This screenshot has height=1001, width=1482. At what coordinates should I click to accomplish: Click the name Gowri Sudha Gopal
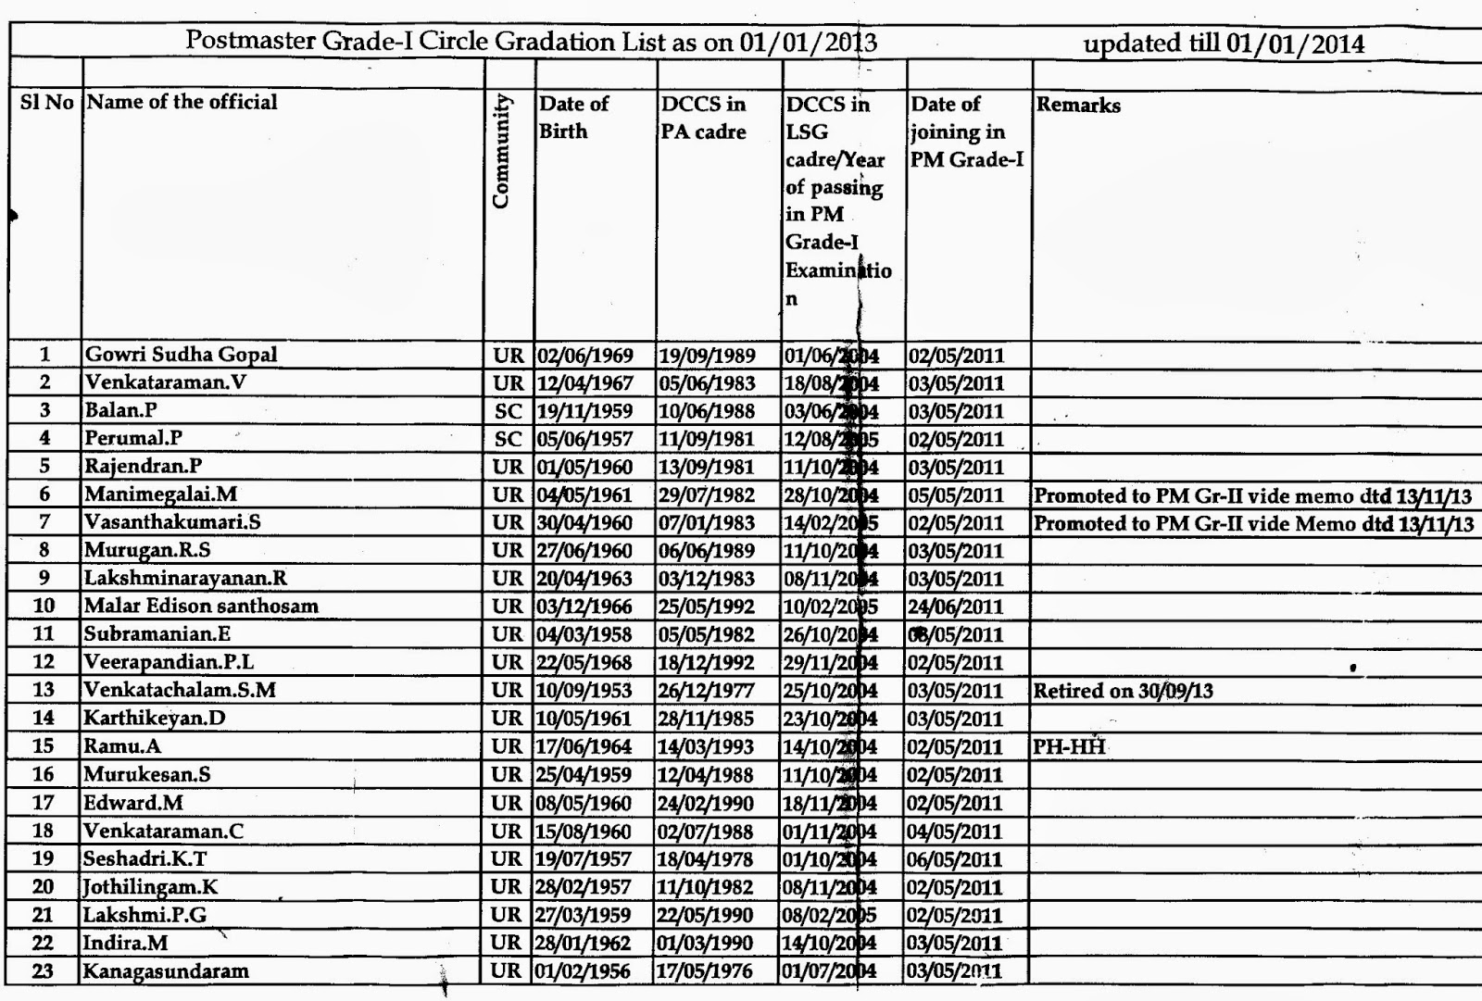[x=181, y=355]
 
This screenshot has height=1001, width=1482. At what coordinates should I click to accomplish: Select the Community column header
[x=501, y=151]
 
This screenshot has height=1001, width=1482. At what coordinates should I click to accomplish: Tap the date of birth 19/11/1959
[x=584, y=411]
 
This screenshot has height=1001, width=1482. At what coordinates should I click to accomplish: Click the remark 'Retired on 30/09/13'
[x=1123, y=691]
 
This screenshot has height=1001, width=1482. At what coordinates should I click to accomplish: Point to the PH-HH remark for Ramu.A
[x=1070, y=746]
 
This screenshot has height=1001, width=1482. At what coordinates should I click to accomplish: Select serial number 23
[x=43, y=971]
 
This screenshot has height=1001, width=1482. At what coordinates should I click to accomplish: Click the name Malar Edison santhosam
[x=201, y=607]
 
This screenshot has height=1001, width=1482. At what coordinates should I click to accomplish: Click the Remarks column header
[x=1078, y=106]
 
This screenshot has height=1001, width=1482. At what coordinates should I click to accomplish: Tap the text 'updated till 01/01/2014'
[x=1224, y=44]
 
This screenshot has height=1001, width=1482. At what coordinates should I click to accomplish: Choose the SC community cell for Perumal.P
[x=508, y=439]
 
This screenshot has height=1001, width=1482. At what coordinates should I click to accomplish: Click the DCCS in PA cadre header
[x=703, y=118]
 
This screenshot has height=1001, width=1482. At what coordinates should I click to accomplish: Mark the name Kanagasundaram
[x=166, y=971]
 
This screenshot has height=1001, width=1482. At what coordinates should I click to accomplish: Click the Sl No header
[x=46, y=103]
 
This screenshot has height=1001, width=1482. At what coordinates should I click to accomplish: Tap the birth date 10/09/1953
[x=584, y=691]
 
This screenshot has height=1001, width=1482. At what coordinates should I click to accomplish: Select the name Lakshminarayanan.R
[x=185, y=579]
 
